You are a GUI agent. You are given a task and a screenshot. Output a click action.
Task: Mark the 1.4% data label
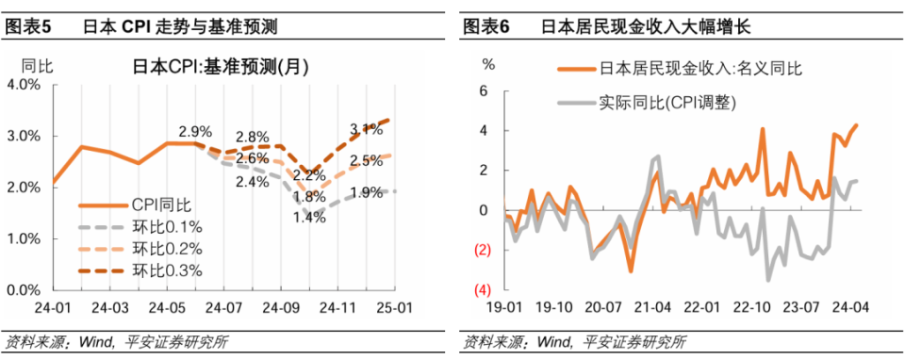click(x=308, y=217)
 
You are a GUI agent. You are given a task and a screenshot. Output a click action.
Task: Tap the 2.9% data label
click(x=194, y=131)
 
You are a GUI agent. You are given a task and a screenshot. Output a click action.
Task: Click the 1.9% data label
click(x=367, y=193)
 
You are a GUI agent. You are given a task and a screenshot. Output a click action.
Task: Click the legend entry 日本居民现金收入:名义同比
click(x=701, y=69)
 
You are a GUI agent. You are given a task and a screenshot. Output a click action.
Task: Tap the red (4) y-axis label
click(x=485, y=289)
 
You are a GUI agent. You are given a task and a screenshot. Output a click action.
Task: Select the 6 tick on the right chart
click(x=485, y=91)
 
